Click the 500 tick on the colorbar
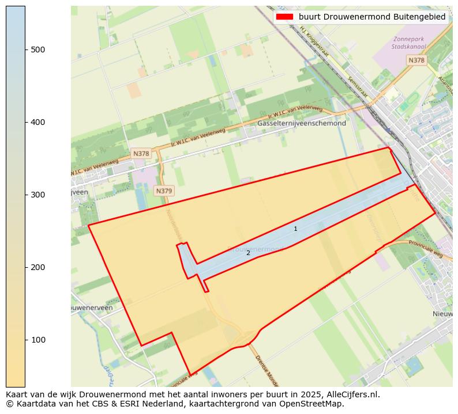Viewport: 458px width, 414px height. click(25, 50)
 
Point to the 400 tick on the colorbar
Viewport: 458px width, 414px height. click(25, 122)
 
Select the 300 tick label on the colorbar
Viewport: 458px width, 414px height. click(37, 195)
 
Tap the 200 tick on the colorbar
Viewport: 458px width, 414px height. click(25, 267)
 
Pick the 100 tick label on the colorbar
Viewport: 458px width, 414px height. click(37, 340)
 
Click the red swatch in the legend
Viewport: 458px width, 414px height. click(285, 17)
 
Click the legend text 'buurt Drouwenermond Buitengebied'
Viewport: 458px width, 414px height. click(372, 17)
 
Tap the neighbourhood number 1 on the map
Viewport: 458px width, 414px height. click(295, 229)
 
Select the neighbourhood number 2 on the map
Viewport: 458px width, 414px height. click(248, 253)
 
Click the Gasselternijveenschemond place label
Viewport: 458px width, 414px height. click(302, 123)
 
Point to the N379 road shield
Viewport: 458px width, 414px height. click(164, 191)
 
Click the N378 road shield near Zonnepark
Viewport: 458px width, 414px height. click(416, 60)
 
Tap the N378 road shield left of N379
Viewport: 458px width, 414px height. click(141, 154)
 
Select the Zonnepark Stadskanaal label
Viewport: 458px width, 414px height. click(408, 43)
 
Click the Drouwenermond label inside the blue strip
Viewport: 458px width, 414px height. click(257, 249)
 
